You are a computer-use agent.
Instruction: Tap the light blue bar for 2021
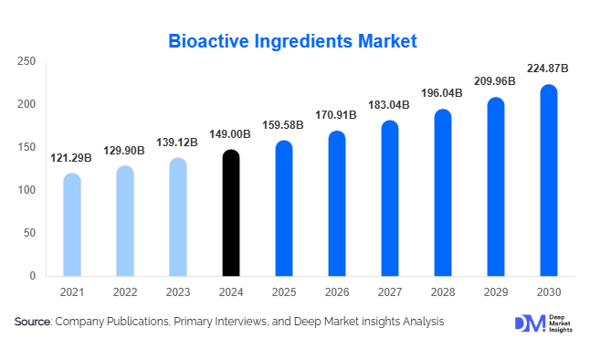[72, 225]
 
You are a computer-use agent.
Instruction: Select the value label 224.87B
[548, 69]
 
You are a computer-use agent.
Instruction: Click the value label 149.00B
[232, 134]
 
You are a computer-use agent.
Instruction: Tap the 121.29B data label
[72, 158]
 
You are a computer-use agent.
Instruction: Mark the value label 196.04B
[443, 93]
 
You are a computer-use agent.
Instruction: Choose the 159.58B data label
[285, 125]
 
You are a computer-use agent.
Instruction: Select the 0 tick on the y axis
[32, 276]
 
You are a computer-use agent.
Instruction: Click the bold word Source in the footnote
[33, 322]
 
